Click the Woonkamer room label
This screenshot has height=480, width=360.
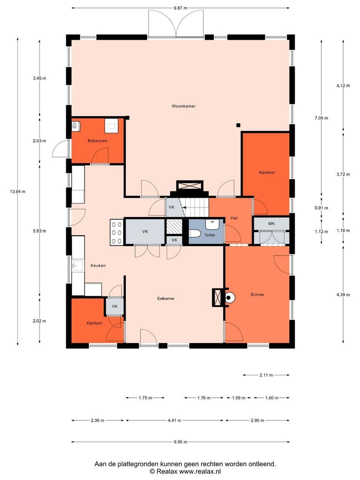pyautogui.click(x=184, y=106)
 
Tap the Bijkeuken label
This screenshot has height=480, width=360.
pyautogui.click(x=97, y=141)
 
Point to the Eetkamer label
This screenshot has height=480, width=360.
pyautogui.click(x=165, y=299)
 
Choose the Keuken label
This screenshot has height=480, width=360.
pyautogui.click(x=98, y=265)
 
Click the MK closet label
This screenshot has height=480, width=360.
pyautogui.click(x=271, y=224)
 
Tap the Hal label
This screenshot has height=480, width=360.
pyautogui.click(x=234, y=218)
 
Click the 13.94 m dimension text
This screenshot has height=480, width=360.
pyautogui.click(x=18, y=192)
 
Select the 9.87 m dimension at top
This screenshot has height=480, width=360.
pyautogui.click(x=180, y=8)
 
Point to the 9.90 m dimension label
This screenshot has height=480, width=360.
pyautogui.click(x=180, y=442)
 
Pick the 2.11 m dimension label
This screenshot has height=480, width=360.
pyautogui.click(x=266, y=375)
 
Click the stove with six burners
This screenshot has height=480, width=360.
pyautogui.click(x=117, y=232)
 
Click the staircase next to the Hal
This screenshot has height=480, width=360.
pyautogui.click(x=196, y=207)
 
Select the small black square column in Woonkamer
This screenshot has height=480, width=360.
pyautogui.click(x=238, y=125)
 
